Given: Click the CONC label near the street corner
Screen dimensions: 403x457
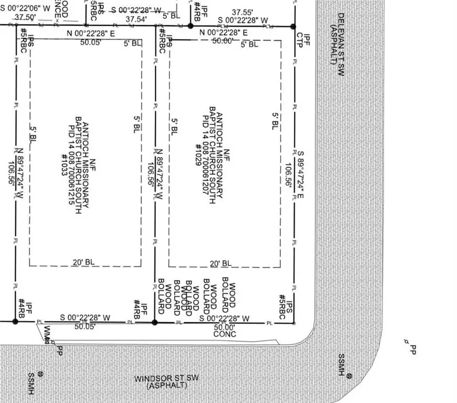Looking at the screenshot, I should (x=225, y=334).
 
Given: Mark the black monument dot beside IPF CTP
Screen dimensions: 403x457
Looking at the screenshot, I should (x=293, y=26).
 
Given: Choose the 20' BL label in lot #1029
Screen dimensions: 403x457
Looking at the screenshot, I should (x=220, y=263).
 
